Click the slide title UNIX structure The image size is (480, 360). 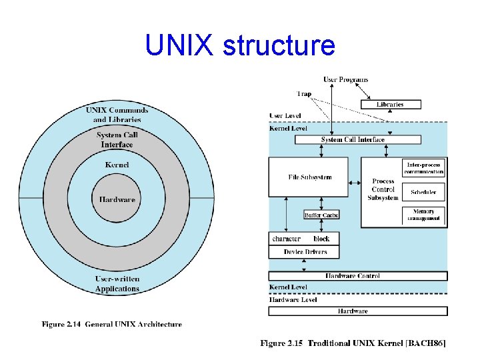(x=240, y=46)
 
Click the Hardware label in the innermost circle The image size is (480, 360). (x=117, y=199)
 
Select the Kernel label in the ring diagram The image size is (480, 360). (x=117, y=165)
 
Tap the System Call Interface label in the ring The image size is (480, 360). (x=117, y=140)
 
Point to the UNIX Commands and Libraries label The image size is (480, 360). (x=117, y=115)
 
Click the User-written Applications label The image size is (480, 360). (x=117, y=283)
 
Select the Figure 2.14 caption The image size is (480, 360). (x=112, y=325)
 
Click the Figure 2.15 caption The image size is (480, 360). (x=353, y=343)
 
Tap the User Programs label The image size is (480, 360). (x=345, y=80)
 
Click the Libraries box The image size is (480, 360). (x=390, y=104)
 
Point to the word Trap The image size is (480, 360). (x=304, y=94)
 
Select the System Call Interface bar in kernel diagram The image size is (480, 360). (x=353, y=140)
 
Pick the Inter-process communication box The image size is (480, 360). (x=424, y=168)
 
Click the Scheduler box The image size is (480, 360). (x=424, y=192)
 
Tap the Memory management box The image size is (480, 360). (x=424, y=215)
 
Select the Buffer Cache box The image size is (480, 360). (x=321, y=215)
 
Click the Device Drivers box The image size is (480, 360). (x=303, y=252)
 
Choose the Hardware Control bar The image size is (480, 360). (x=357, y=275)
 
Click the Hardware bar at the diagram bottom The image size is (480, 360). (x=357, y=311)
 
